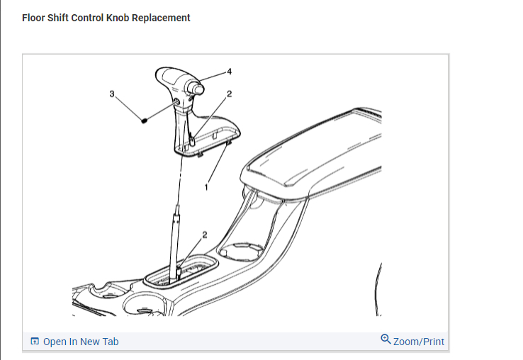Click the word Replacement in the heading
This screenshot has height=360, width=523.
click(164, 18)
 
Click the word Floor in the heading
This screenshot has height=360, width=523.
click(34, 18)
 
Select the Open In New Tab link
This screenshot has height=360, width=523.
click(81, 342)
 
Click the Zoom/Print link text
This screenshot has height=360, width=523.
click(419, 342)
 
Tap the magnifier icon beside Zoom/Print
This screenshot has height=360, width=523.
click(386, 339)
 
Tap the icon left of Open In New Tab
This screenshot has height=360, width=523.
click(35, 342)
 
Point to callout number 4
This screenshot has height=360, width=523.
click(229, 72)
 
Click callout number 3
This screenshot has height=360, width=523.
click(111, 93)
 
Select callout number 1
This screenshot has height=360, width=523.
click(206, 186)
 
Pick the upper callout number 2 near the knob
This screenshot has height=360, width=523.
click(229, 94)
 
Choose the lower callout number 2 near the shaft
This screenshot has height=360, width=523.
click(205, 235)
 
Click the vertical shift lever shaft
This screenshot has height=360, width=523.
click(174, 241)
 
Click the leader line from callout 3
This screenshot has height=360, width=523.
click(128, 106)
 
